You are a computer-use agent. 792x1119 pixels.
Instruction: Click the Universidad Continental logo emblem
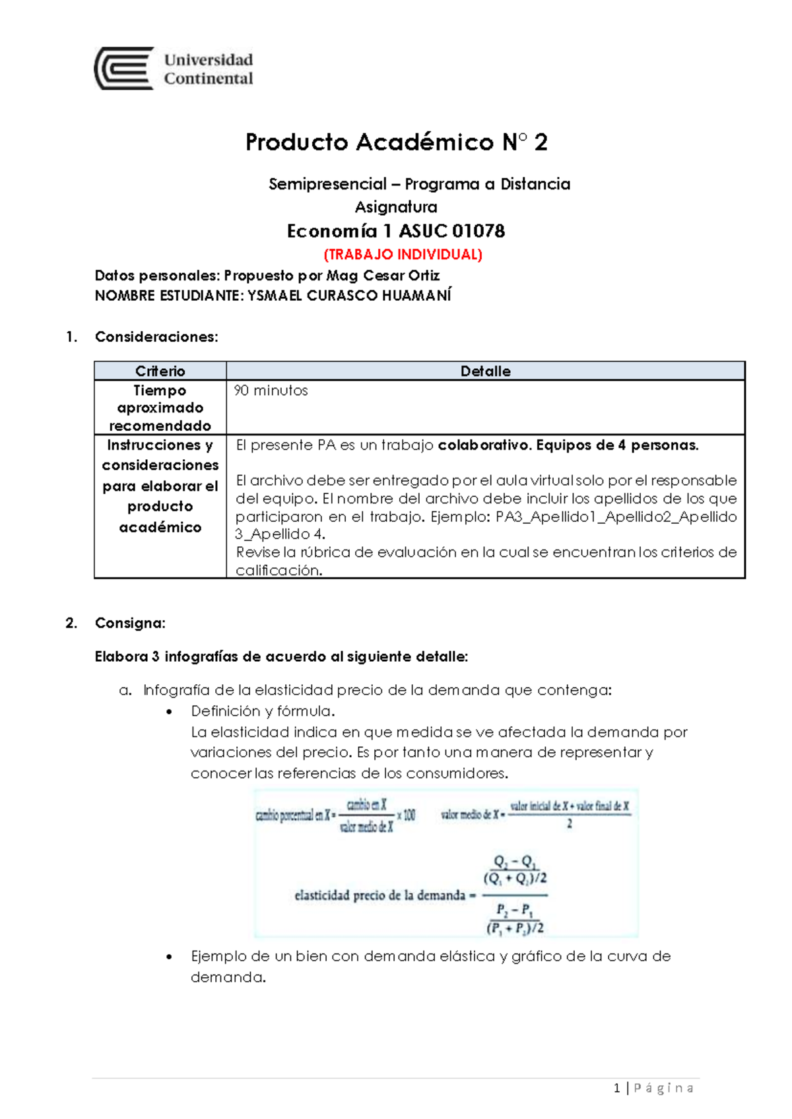124,69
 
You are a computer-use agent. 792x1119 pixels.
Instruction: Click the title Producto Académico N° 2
396,142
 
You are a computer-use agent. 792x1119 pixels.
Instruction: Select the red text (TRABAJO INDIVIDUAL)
403,254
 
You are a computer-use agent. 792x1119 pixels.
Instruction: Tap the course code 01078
478,231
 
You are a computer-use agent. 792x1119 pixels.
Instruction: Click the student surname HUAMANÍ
416,296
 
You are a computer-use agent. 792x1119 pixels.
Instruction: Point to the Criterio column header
160,371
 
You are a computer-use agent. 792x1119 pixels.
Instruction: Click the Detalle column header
485,371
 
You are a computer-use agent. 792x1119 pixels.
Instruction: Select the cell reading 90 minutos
271,391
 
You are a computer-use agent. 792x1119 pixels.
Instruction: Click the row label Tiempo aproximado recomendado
160,408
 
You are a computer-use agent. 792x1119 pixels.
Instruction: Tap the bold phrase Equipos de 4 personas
617,445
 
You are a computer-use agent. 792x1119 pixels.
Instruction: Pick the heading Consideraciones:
156,337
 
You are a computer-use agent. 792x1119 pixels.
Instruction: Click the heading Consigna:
130,623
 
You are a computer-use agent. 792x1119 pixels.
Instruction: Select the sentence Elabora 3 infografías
281,656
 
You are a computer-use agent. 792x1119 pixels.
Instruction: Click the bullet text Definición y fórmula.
263,711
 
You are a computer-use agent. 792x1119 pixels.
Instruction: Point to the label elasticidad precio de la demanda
380,895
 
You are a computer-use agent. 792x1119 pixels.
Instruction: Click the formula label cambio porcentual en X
293,816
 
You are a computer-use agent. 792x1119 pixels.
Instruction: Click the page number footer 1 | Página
653,1088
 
